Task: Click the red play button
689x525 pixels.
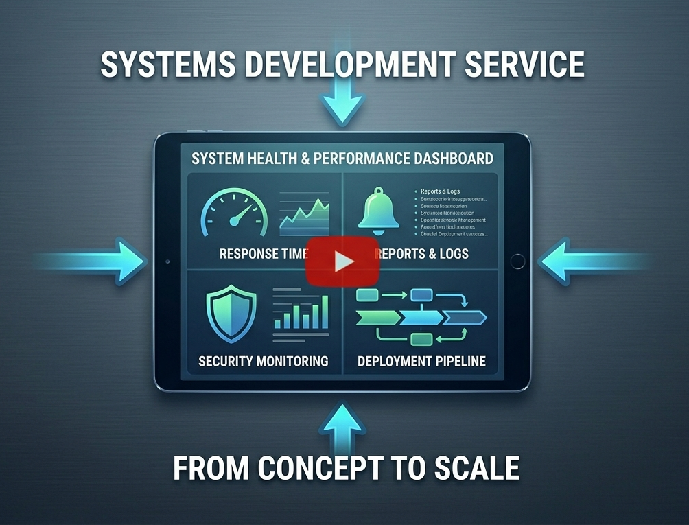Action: point(342,261)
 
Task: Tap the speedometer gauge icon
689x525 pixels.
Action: point(233,213)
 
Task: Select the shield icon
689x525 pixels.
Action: point(231,313)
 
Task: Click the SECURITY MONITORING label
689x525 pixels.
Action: point(263,361)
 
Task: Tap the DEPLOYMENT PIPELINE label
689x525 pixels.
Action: point(421,361)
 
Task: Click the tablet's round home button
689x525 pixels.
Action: point(517,261)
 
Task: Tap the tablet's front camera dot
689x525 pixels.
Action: point(167,262)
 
